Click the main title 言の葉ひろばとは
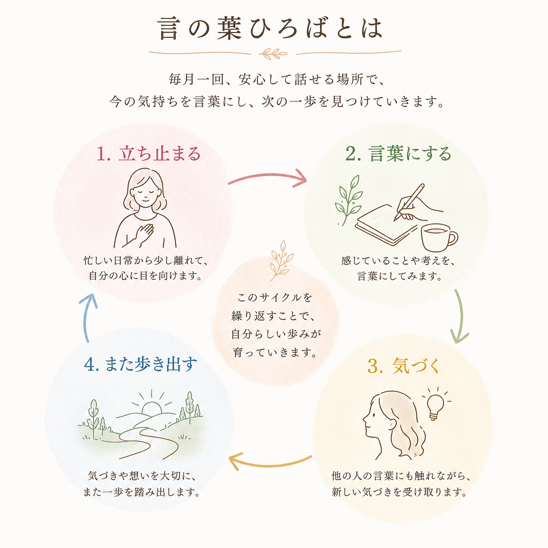[x=271, y=28]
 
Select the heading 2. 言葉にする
[x=399, y=154]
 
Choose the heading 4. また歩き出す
[x=140, y=364]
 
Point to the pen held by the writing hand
[x=409, y=202]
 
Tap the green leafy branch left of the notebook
[x=349, y=200]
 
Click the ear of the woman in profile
[x=392, y=425]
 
